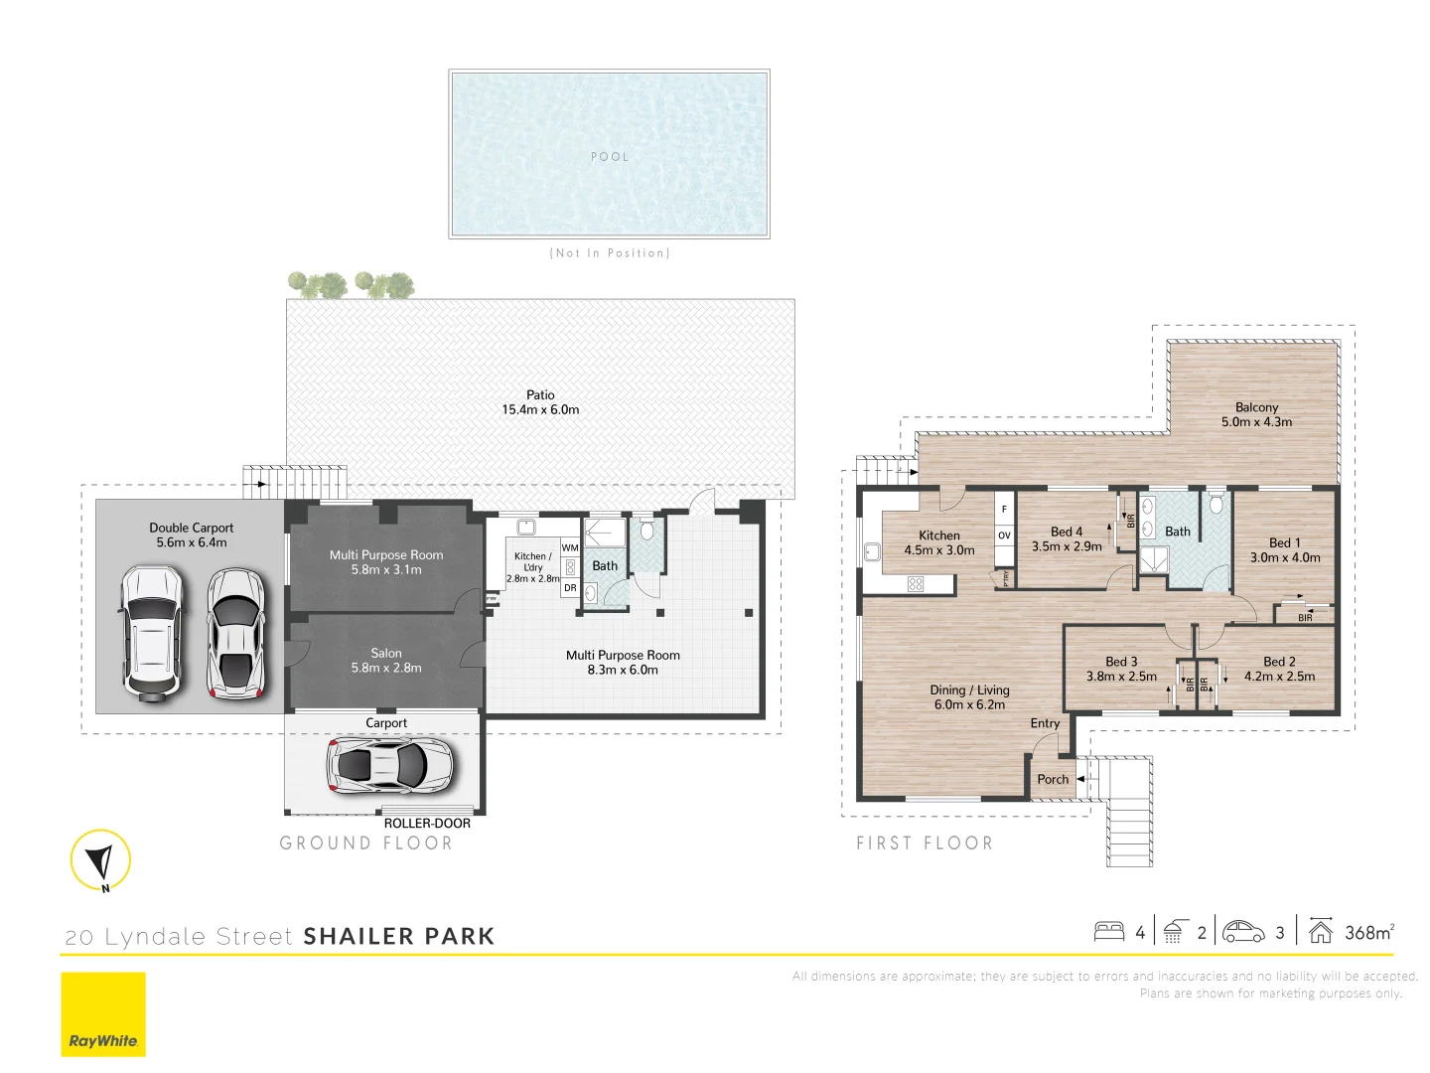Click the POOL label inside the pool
pos(610,157)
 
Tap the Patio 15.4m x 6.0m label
pos(540,402)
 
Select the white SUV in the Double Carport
pos(151,634)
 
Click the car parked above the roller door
pos(390,765)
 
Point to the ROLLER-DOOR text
pos(427,824)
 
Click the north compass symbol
pos(100,859)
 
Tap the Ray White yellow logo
pos(103,1014)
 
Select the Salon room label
pos(386,661)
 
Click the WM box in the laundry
pos(570,547)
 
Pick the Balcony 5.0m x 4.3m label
pos(1256,414)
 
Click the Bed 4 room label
pos(1067,538)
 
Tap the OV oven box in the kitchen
pos(1004,536)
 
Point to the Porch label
pos(1053,780)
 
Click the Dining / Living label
pos(969,697)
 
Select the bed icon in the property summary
pos(1109,932)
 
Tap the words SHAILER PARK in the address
pos(398,937)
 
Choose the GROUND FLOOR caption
pos(365,843)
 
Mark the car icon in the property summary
pos(1243,932)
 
